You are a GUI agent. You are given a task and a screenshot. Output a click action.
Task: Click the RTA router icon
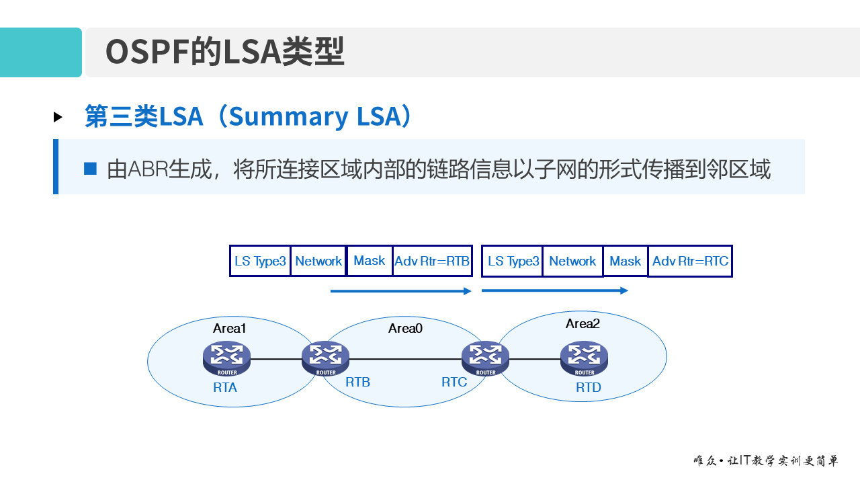(x=226, y=358)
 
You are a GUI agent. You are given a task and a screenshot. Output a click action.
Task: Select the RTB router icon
(x=326, y=358)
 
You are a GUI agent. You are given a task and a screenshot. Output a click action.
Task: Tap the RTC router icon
(x=485, y=358)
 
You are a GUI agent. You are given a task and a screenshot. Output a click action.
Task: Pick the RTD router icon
(x=584, y=358)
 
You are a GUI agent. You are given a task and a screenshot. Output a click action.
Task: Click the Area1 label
(x=230, y=329)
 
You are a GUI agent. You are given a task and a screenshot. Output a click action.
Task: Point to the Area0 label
(x=405, y=329)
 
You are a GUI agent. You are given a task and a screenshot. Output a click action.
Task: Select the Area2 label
(x=583, y=324)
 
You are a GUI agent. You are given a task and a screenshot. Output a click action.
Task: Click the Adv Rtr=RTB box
(x=432, y=261)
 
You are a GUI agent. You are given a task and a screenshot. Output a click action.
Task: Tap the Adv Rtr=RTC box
(x=690, y=261)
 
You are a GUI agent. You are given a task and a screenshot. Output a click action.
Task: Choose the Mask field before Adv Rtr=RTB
(x=370, y=261)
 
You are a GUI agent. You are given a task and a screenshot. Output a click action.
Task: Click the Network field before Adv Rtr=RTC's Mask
(x=572, y=261)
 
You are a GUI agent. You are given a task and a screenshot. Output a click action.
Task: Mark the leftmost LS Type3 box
(x=260, y=261)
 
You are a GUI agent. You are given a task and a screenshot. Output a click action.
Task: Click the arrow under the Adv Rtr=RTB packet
(x=401, y=291)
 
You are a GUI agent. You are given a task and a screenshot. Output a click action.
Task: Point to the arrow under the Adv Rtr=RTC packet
(x=555, y=290)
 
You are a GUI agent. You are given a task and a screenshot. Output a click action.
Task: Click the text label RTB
(x=357, y=382)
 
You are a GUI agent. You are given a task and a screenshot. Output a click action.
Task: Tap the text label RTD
(x=589, y=388)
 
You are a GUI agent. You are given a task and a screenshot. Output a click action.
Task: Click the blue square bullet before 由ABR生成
(x=90, y=168)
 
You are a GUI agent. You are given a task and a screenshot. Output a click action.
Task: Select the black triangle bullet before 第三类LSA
(x=58, y=117)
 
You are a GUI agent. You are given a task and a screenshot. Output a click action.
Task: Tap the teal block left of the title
(x=40, y=52)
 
